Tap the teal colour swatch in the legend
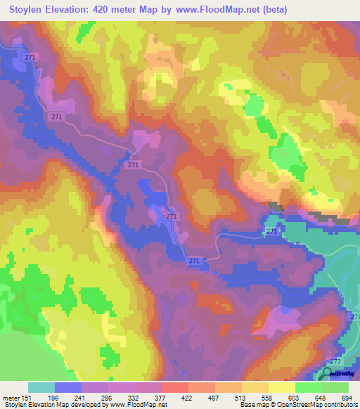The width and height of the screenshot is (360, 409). click(41, 387)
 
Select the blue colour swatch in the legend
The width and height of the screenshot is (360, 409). click(68, 387)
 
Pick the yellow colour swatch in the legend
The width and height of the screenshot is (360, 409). click(282, 387)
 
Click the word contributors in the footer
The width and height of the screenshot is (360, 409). click(338, 405)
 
